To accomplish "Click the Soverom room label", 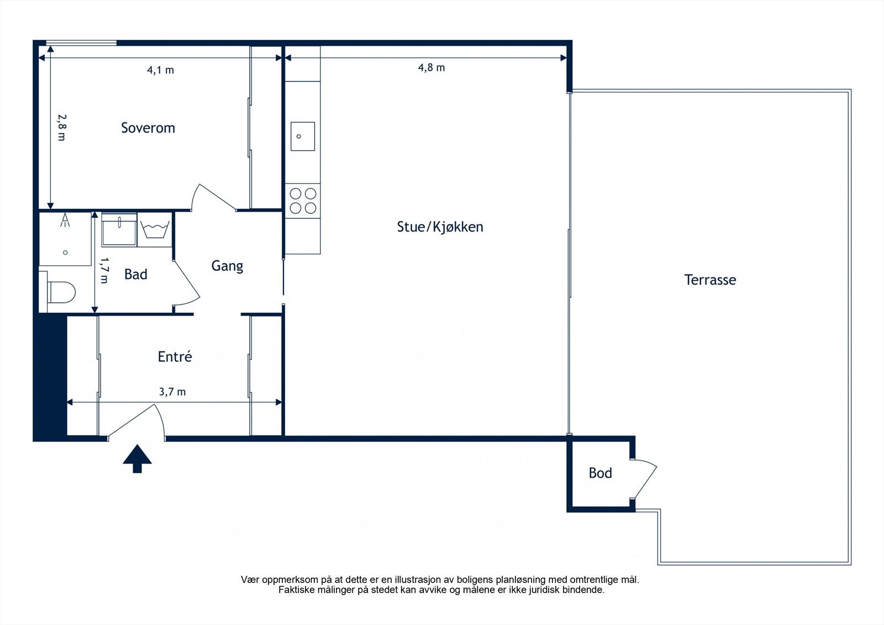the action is point(148,128).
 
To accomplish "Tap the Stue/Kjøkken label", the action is point(440,227).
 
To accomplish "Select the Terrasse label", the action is point(710,280).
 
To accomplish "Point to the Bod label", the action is point(600,472).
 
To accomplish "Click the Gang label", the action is point(227,266).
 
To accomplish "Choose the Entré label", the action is point(175,356).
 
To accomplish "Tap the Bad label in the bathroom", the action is point(136,274).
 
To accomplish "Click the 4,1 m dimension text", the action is point(160,70).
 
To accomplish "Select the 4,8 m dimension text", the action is point(432,68).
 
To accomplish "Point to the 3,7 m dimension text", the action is point(172,392).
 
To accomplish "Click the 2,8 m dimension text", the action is point(62,128).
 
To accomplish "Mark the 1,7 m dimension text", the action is point(104,270).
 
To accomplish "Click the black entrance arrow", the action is point(137,458).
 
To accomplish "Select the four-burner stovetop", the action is point(303,201).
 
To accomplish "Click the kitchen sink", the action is point(303,136).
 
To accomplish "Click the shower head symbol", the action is point(65,220).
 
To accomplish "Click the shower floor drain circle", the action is point(66,253).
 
